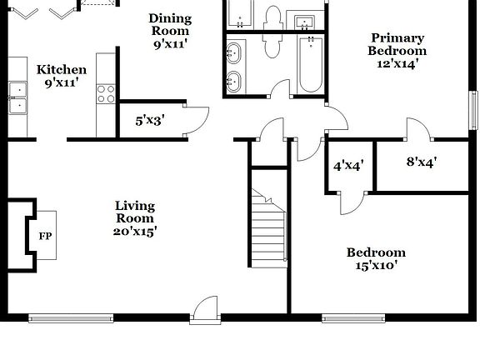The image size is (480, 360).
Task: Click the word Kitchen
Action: coord(61,69)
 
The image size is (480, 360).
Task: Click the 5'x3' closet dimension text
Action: coord(150,120)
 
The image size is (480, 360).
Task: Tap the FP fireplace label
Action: coord(45,236)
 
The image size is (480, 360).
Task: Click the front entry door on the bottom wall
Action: coord(203,309)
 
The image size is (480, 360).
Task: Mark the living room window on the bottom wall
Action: coord(71,317)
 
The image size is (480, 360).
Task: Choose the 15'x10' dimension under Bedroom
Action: coord(376,266)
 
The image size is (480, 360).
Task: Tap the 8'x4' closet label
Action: coord(422,162)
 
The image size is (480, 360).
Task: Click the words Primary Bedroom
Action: coord(397,43)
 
